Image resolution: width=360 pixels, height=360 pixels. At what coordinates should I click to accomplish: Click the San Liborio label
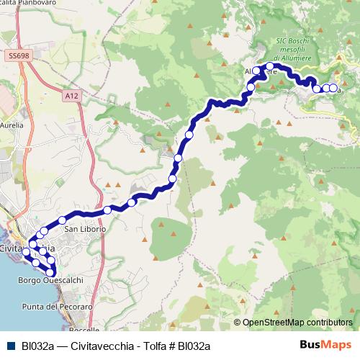[86, 229]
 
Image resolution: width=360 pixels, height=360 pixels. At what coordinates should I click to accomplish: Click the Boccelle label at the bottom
[85, 329]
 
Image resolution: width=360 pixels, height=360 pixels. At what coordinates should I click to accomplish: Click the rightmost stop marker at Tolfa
[333, 88]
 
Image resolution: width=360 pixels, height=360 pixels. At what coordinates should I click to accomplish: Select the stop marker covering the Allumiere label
[256, 71]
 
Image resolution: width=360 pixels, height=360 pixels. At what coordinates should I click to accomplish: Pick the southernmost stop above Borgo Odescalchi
[50, 271]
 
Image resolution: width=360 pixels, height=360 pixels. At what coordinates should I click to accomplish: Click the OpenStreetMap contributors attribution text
[297, 323]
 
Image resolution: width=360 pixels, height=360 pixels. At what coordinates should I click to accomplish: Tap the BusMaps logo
[328, 346]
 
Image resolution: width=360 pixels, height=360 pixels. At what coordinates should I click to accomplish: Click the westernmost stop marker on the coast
[27, 253]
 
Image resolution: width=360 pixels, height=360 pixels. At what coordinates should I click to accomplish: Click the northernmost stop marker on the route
[270, 66]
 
